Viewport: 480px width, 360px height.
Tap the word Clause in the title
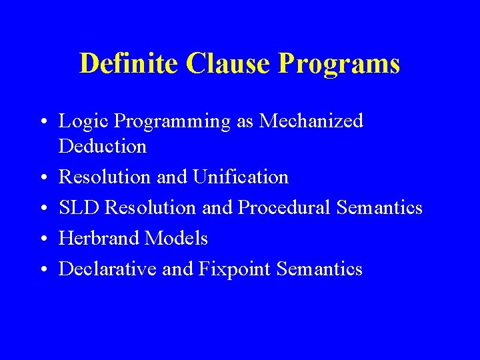pos(228,64)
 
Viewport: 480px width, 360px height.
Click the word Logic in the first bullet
pos(84,122)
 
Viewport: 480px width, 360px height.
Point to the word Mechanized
pos(311,121)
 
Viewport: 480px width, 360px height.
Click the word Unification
pos(241,177)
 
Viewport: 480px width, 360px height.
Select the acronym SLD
pos(80,208)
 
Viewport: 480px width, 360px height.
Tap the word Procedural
pos(285,208)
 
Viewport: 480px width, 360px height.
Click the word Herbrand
pos(101,238)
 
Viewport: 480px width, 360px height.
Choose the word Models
pos(177,238)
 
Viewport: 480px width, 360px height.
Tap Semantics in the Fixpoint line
pos(319,269)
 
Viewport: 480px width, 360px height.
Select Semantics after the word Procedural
pos(379,208)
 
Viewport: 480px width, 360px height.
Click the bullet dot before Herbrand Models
pos(43,239)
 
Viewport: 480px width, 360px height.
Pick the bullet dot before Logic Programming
pos(43,122)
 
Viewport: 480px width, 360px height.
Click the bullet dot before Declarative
pos(43,269)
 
